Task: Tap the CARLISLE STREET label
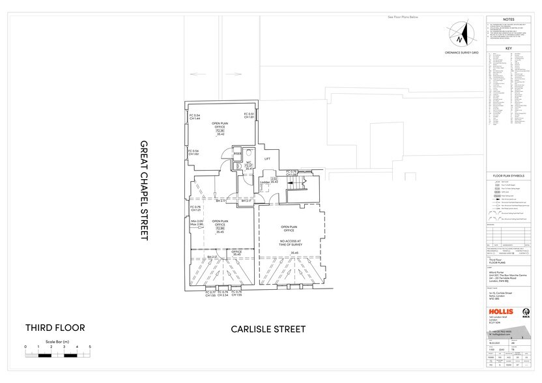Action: coord(268,329)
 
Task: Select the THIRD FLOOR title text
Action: coord(55,327)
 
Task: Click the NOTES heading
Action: coord(509,20)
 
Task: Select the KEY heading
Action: coord(509,49)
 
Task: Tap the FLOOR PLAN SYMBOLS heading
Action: coord(509,177)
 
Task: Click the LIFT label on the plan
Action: coord(267,158)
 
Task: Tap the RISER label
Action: coord(229,154)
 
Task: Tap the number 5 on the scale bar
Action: coord(90,347)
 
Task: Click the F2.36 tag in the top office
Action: coord(220,130)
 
